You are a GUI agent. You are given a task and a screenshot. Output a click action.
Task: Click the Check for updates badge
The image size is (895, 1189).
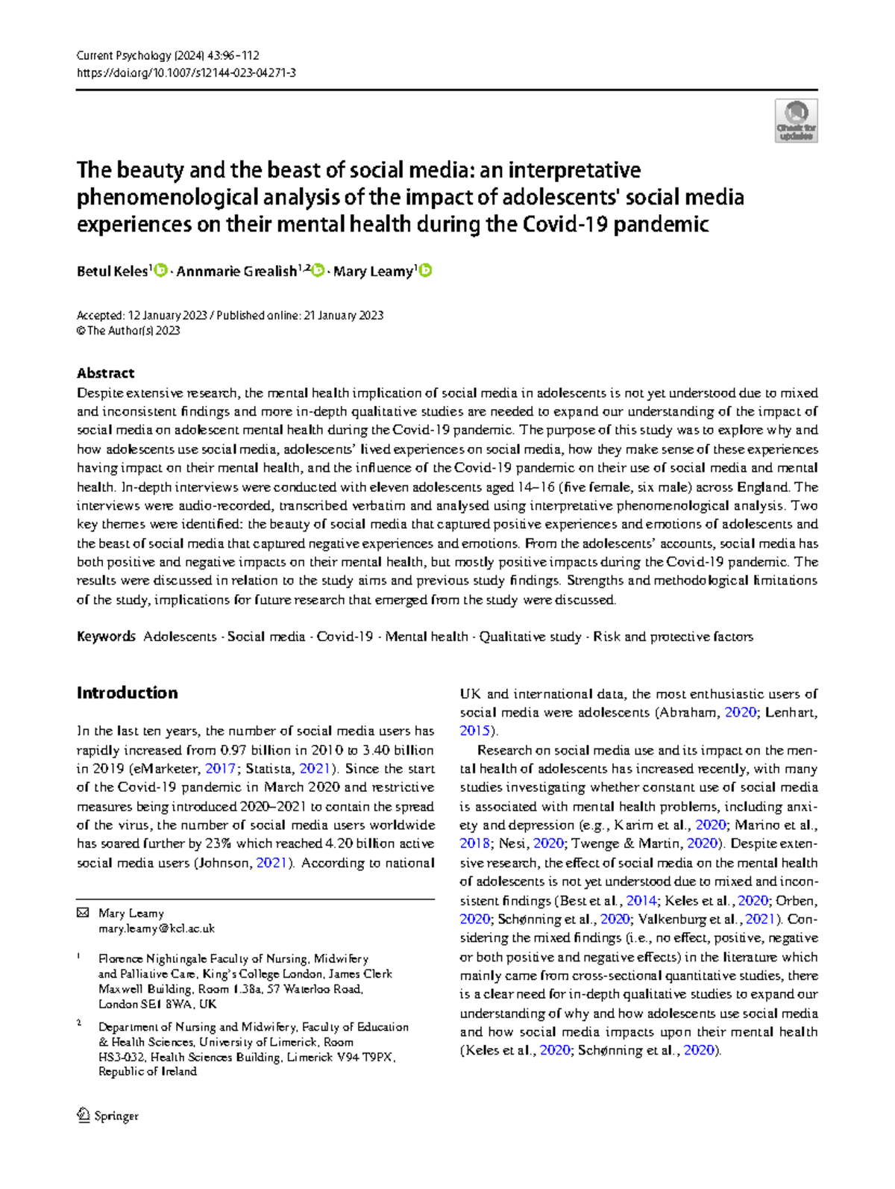(x=796, y=121)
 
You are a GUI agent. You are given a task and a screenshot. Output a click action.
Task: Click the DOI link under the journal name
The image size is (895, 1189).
(x=186, y=73)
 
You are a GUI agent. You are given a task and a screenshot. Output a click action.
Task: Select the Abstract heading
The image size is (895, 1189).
(x=105, y=373)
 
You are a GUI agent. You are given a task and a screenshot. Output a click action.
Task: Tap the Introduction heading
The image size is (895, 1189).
(x=127, y=693)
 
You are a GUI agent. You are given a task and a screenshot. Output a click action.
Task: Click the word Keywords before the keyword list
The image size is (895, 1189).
(x=106, y=637)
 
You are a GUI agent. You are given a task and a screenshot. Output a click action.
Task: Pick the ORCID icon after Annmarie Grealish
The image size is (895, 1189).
(x=318, y=271)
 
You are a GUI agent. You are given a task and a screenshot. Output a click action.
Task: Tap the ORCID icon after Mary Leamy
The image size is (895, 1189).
(x=425, y=271)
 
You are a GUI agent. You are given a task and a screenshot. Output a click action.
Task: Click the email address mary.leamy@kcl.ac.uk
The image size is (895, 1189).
(x=157, y=929)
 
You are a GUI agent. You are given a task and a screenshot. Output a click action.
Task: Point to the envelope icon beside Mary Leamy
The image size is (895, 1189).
(x=84, y=913)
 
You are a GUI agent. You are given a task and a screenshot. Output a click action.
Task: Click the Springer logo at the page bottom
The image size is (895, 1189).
(x=108, y=1116)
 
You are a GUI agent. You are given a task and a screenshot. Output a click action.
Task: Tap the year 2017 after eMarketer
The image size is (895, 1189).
(x=220, y=769)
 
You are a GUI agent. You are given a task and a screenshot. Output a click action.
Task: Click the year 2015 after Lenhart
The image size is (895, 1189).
(x=474, y=731)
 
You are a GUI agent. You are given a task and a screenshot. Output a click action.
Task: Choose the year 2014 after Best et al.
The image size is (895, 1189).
(x=641, y=900)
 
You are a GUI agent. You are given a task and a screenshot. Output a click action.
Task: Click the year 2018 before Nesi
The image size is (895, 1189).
(x=474, y=843)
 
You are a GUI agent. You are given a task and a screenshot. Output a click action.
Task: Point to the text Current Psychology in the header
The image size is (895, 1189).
(x=123, y=55)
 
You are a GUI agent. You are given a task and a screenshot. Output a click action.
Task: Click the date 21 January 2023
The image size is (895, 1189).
(x=342, y=316)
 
